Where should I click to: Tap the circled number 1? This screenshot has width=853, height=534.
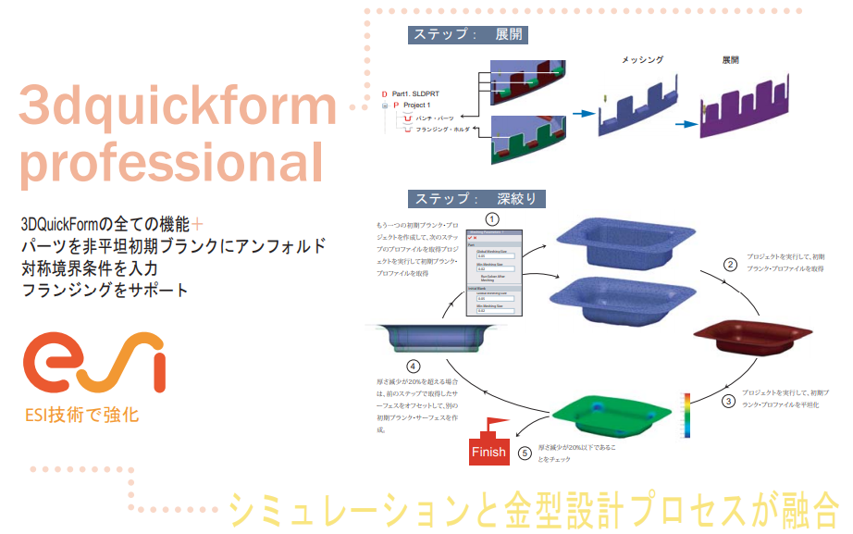click(493, 218)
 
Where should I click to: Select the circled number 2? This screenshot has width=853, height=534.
click(729, 265)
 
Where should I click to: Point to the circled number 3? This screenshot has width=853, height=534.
click(729, 401)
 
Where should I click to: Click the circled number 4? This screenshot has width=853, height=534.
click(400, 366)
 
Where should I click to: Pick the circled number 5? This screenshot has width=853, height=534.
click(525, 453)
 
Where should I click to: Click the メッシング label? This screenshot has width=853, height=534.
click(641, 60)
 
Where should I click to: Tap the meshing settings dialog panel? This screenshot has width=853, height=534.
click(493, 274)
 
